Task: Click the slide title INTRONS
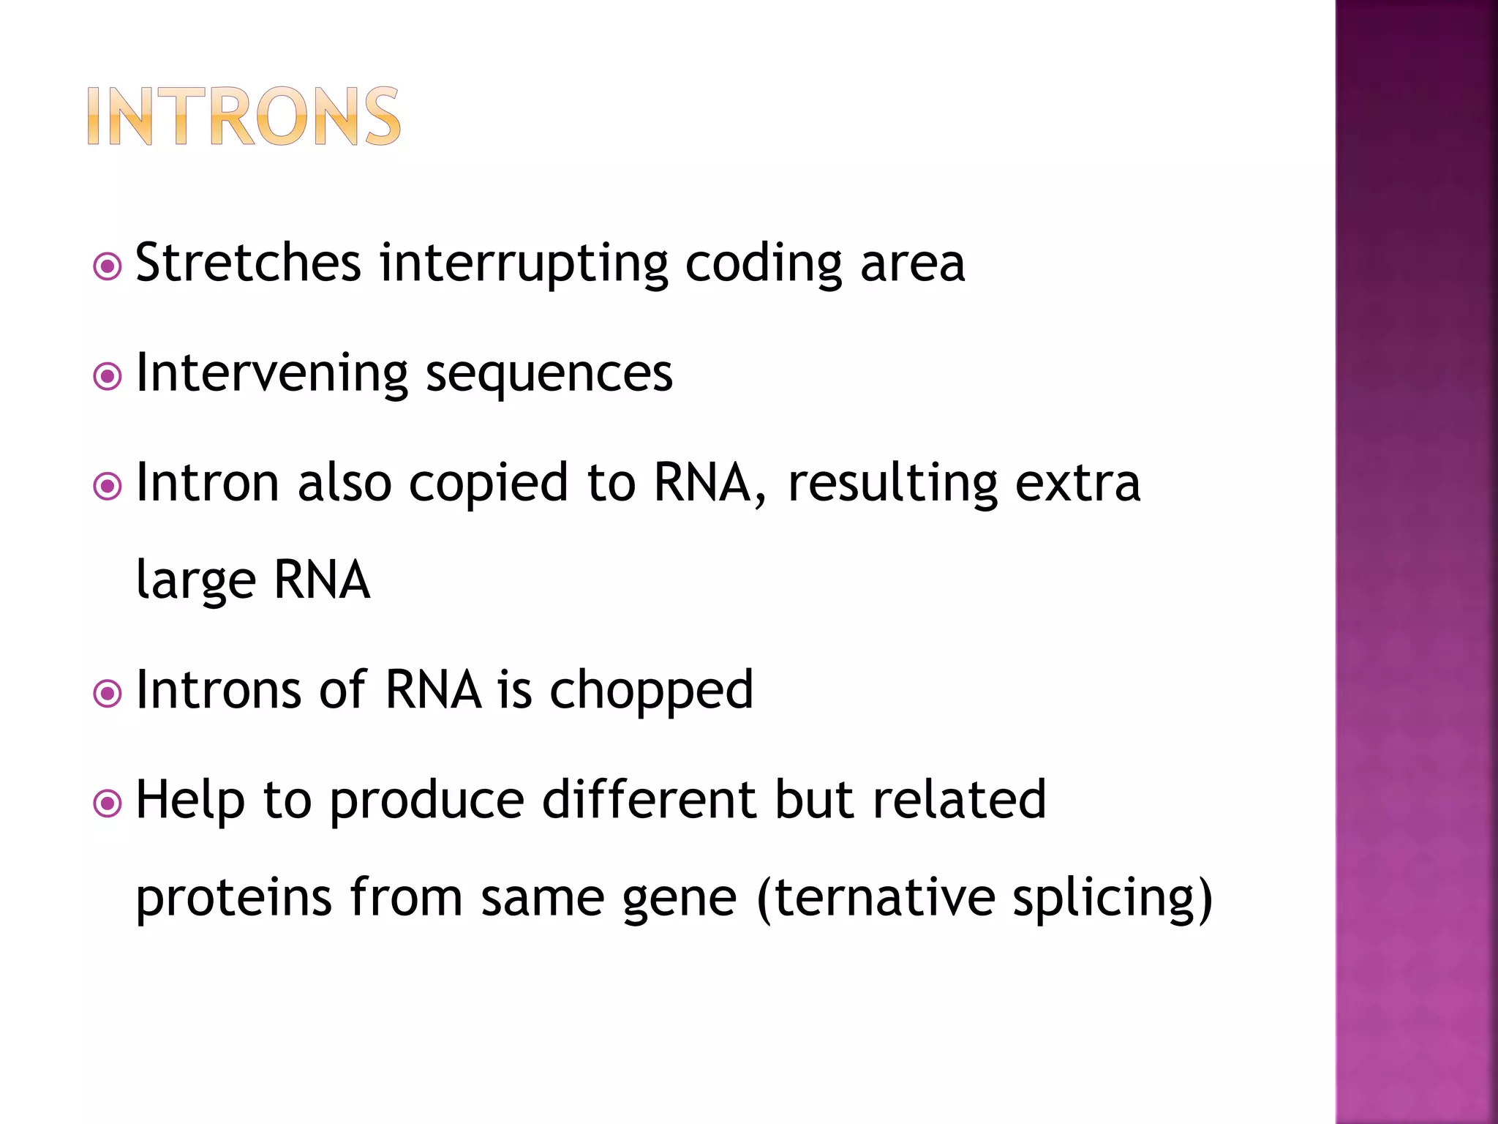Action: (x=244, y=116)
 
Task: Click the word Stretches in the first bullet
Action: (x=248, y=263)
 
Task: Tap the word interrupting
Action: (x=523, y=264)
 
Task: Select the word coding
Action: (x=763, y=264)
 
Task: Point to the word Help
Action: (x=190, y=801)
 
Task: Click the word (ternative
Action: (x=876, y=897)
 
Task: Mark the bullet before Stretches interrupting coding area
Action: (x=108, y=267)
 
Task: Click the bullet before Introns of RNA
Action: (x=108, y=694)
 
